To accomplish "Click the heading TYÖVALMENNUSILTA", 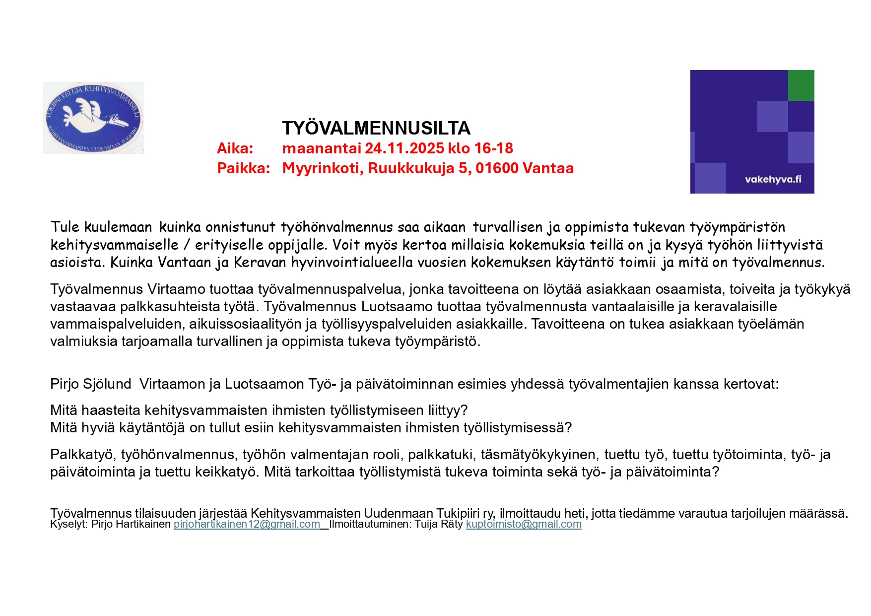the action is point(376,129).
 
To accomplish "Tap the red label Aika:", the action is point(235,148).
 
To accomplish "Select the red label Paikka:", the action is point(243,168).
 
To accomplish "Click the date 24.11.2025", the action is point(404,148).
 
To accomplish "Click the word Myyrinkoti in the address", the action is point(323,168).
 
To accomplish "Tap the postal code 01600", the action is point(497,168).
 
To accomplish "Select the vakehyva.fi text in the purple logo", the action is point(773,179).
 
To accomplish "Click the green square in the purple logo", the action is point(801,85).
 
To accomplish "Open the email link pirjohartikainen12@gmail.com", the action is point(247,525).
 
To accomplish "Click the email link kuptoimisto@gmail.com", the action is point(523,525).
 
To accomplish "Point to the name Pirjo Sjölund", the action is point(90,384).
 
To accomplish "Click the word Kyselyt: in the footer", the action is point(69,525).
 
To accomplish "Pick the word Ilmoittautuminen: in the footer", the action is point(370,525).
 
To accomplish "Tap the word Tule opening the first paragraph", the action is point(65,227).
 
